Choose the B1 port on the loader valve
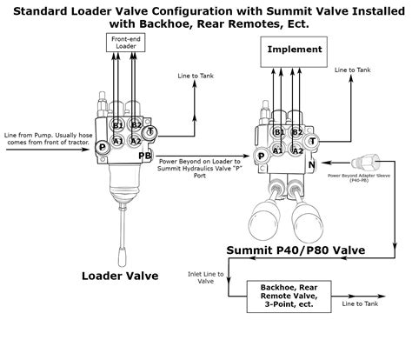coord(118,125)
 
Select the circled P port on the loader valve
coord(103,148)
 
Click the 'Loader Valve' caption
coord(119,276)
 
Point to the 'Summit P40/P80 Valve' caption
coord(295,250)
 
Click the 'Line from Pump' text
coord(43,137)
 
